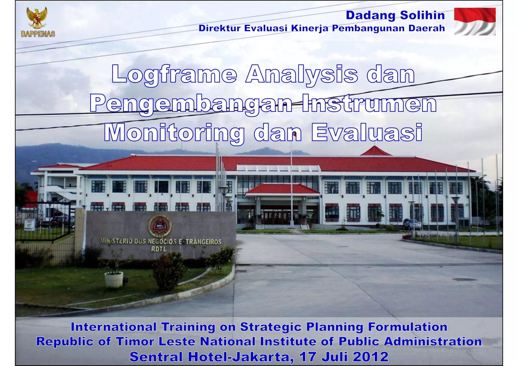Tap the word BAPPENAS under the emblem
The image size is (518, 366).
pyautogui.click(x=38, y=34)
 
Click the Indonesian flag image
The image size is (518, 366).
pyautogui.click(x=475, y=21)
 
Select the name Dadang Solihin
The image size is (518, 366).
pyautogui.click(x=395, y=15)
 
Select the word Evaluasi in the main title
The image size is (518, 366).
pyautogui.click(x=367, y=133)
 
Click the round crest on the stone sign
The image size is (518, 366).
pyautogui.click(x=160, y=226)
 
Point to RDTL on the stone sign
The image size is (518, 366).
pyautogui.click(x=159, y=249)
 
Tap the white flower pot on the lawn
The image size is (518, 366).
pyautogui.click(x=114, y=279)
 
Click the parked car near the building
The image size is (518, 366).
pyautogui.click(x=412, y=224)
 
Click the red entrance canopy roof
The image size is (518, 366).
pyautogui.click(x=283, y=189)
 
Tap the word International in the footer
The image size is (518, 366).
pyautogui.click(x=114, y=327)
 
